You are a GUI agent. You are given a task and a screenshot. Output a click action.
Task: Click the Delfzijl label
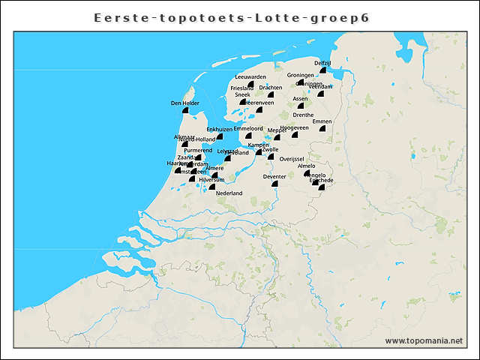[322, 63]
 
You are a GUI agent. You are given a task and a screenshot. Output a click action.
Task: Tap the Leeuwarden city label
[250, 76]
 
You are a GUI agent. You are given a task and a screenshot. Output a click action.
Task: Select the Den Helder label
[185, 103]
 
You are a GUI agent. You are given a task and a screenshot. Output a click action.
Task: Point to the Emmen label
[322, 121]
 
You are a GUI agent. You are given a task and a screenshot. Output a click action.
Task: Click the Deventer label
[275, 177]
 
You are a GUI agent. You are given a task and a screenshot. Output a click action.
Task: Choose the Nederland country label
[229, 193]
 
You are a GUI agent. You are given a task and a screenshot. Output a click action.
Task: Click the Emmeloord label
[248, 128]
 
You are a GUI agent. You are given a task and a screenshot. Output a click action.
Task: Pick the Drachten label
[271, 88]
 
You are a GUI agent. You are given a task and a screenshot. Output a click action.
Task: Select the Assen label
[300, 98]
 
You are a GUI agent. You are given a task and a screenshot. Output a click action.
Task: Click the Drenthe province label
[303, 115]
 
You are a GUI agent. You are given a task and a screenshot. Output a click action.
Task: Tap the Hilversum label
[211, 180]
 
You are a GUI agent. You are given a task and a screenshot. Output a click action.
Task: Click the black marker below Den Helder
[186, 113]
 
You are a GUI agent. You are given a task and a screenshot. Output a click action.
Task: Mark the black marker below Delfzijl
[322, 73]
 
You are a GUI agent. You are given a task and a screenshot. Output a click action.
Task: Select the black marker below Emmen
[322, 130]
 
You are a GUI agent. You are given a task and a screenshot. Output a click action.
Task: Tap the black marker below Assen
[301, 106]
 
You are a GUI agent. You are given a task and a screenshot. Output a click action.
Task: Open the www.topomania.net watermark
[424, 341]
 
